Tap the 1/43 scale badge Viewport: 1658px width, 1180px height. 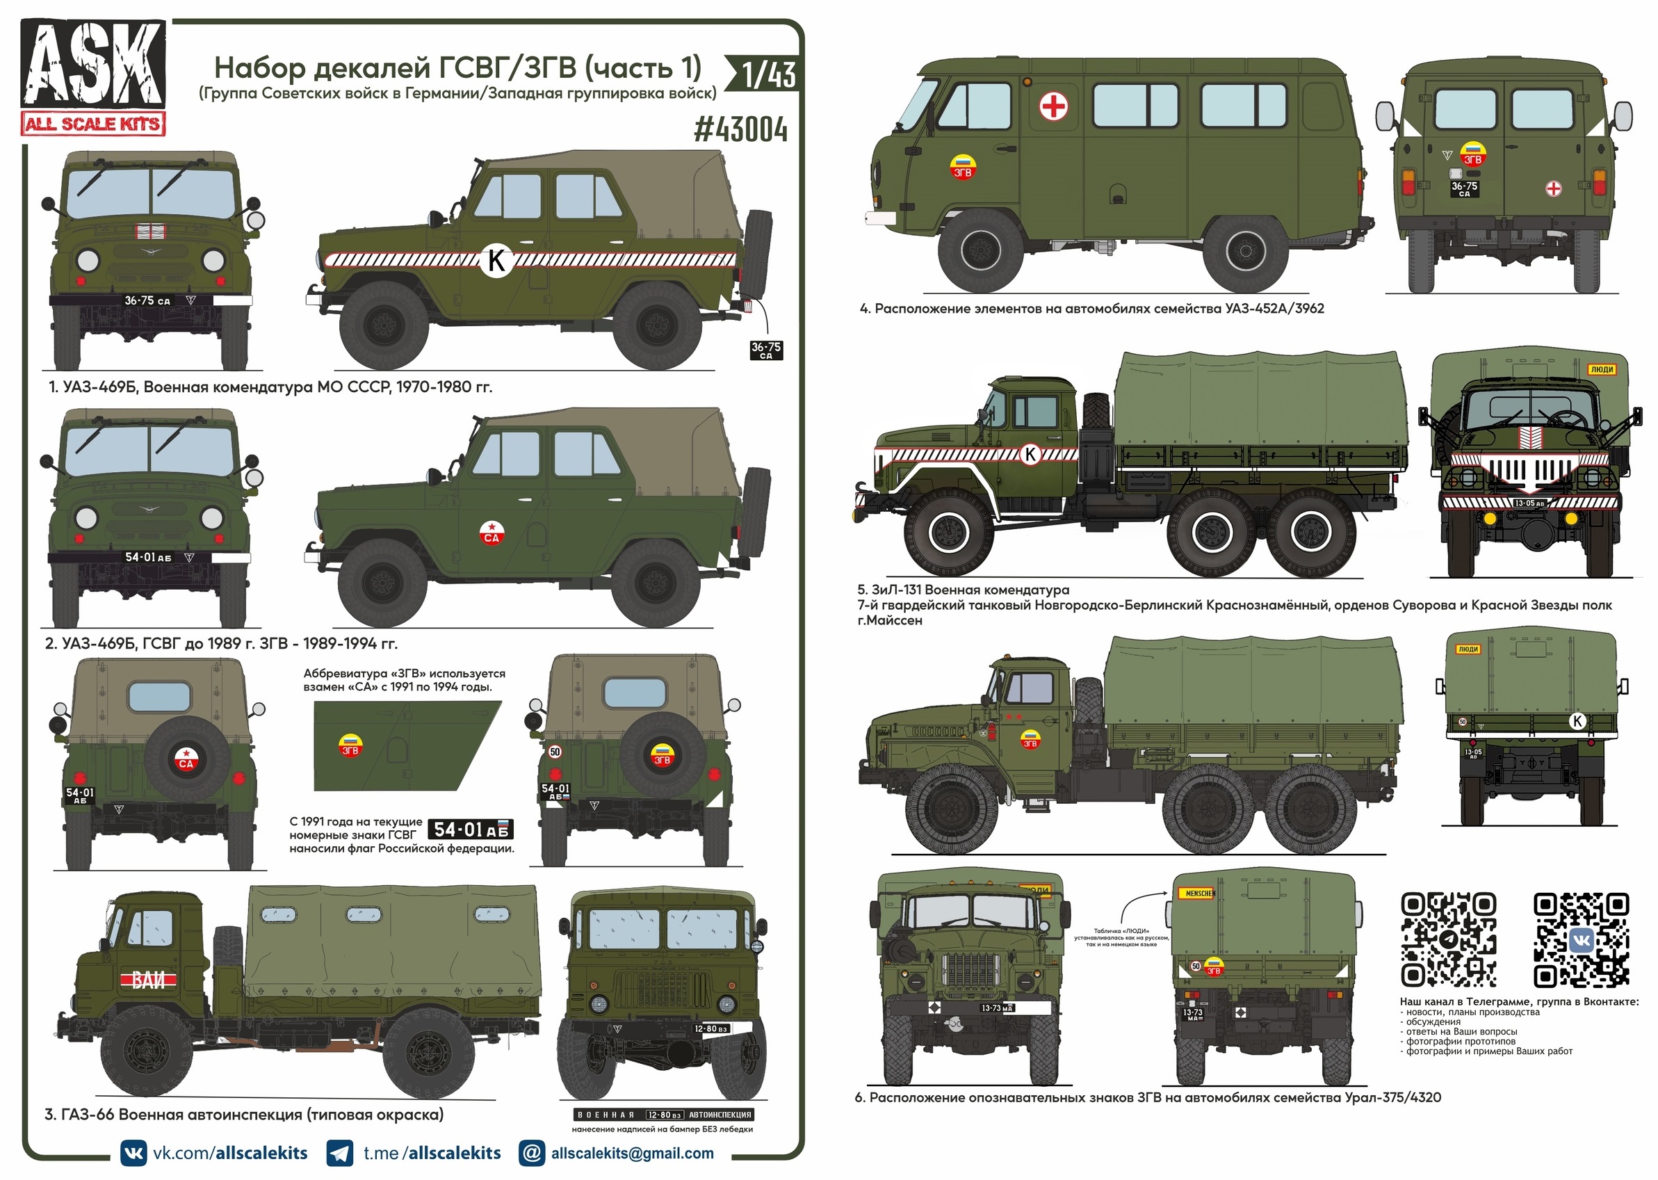(x=768, y=74)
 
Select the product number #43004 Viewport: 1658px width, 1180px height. (x=740, y=130)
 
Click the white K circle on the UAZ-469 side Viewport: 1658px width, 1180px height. (x=497, y=260)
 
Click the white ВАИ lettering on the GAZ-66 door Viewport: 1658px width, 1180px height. (x=149, y=981)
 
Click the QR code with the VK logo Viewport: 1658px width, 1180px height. (x=1580, y=940)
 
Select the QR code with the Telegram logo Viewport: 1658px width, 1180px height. (x=1448, y=940)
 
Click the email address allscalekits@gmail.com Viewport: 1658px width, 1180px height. (x=632, y=1153)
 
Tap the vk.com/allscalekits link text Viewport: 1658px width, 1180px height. (x=229, y=1153)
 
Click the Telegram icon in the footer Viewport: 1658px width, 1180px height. (x=340, y=1153)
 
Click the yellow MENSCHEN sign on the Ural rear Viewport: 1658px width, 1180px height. (x=1199, y=893)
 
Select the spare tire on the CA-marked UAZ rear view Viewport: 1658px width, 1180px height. (x=186, y=759)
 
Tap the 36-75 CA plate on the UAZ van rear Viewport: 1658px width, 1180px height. (x=1464, y=188)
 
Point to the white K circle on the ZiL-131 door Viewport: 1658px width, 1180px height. (x=1030, y=454)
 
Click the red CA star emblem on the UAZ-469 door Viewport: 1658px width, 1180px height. (x=491, y=533)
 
